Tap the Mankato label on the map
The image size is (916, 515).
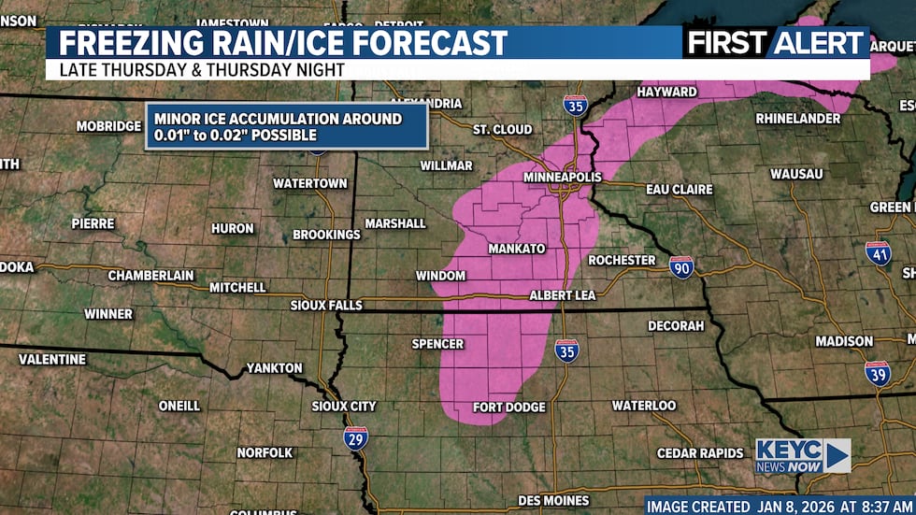(x=516, y=250)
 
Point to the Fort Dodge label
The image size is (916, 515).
(x=509, y=408)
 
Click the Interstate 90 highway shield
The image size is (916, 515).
(x=681, y=267)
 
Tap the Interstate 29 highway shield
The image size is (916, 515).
(x=355, y=437)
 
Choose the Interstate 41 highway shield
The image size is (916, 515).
(x=878, y=253)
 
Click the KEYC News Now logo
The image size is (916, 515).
(x=802, y=456)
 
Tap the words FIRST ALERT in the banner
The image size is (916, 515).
(x=776, y=42)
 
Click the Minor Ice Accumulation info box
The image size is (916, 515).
(x=286, y=126)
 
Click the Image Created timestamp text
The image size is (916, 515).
(x=780, y=506)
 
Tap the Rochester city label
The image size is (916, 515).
(x=622, y=260)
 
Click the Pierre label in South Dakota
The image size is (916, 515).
(x=93, y=224)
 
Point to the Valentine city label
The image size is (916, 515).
(x=52, y=359)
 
